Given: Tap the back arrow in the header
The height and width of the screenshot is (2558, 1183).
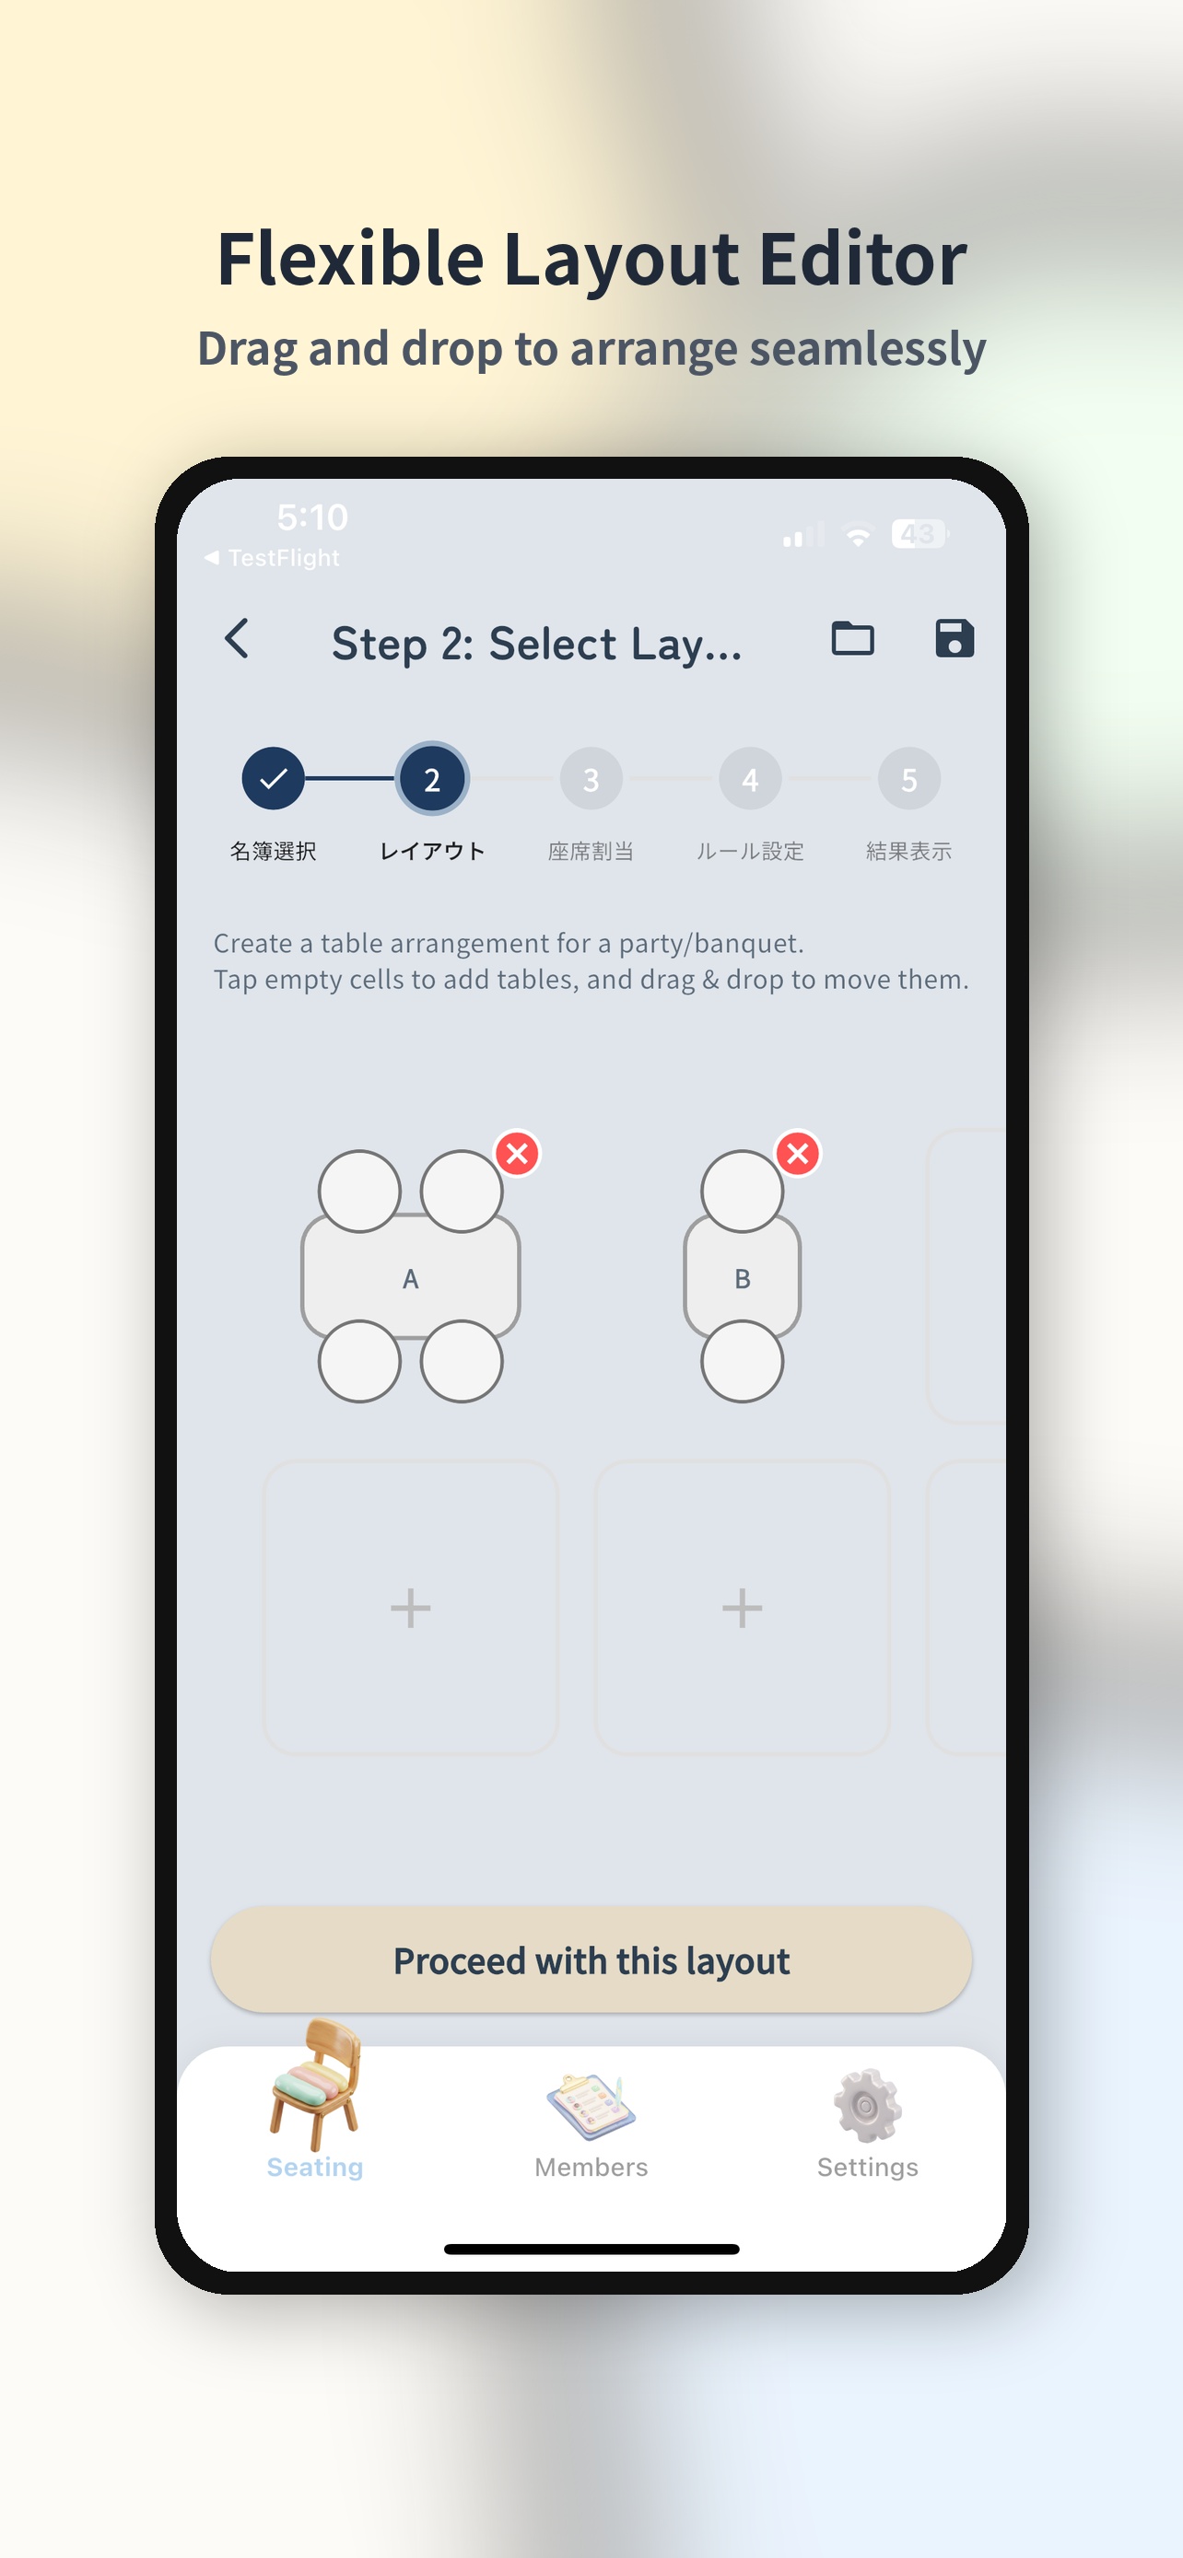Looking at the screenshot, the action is coord(237,638).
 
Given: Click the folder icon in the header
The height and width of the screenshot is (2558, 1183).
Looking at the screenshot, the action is coord(852,638).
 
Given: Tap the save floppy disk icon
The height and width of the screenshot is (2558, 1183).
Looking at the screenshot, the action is coord(955,638).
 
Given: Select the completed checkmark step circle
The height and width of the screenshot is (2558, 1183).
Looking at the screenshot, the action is coord(273,778).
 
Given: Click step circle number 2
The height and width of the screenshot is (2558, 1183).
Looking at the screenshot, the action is coord(432,778).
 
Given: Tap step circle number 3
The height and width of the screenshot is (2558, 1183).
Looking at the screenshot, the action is coord(591,778).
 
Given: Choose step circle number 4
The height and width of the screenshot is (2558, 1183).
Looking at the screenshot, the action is coord(750,778).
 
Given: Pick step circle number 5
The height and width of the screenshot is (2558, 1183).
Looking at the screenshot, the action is coord(908,778).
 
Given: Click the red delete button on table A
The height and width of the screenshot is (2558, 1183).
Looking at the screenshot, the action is coord(518,1153).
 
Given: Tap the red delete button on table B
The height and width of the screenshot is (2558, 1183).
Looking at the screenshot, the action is coord(798,1153).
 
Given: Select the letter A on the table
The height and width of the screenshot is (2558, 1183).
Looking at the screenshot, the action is coord(410,1279).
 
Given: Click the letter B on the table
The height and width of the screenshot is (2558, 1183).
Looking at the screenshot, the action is coord(742,1279).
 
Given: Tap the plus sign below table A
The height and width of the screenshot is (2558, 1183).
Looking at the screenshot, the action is coord(410,1608).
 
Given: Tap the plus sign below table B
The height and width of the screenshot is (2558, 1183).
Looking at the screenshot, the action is coord(742,1608).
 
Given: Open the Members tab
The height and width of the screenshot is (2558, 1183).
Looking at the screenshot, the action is coord(591,2125).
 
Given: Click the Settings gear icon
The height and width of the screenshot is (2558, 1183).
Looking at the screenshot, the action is coord(867,2105).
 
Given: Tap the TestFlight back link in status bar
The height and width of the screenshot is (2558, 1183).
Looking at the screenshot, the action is coord(272,558).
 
